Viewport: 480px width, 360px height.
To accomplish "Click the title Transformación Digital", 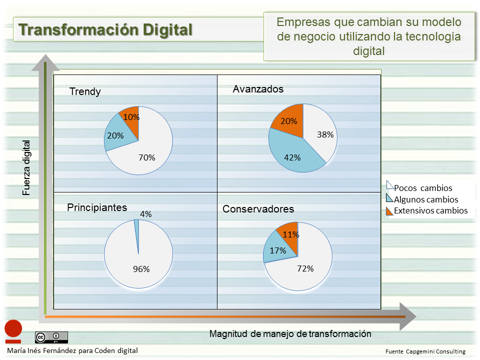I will pos(105,29).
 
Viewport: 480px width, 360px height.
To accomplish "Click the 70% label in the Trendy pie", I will pos(147,157).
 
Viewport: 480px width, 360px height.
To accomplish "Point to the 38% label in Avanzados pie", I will pos(325,134).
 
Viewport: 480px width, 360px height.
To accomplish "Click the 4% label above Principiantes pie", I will pos(145,214).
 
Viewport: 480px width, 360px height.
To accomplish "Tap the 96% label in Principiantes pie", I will pos(141,269).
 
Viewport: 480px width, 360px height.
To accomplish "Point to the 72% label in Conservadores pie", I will pos(305,268).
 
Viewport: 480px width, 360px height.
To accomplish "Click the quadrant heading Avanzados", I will pos(258,89).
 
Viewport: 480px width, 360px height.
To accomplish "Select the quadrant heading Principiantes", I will pos(97,207).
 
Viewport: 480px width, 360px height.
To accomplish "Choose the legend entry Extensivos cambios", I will pos(430,210).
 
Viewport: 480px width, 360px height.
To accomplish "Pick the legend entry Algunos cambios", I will pos(425,199).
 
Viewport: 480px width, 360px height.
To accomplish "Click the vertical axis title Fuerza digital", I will pos(26,167).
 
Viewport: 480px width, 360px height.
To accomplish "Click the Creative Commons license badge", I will pos(51,337).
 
